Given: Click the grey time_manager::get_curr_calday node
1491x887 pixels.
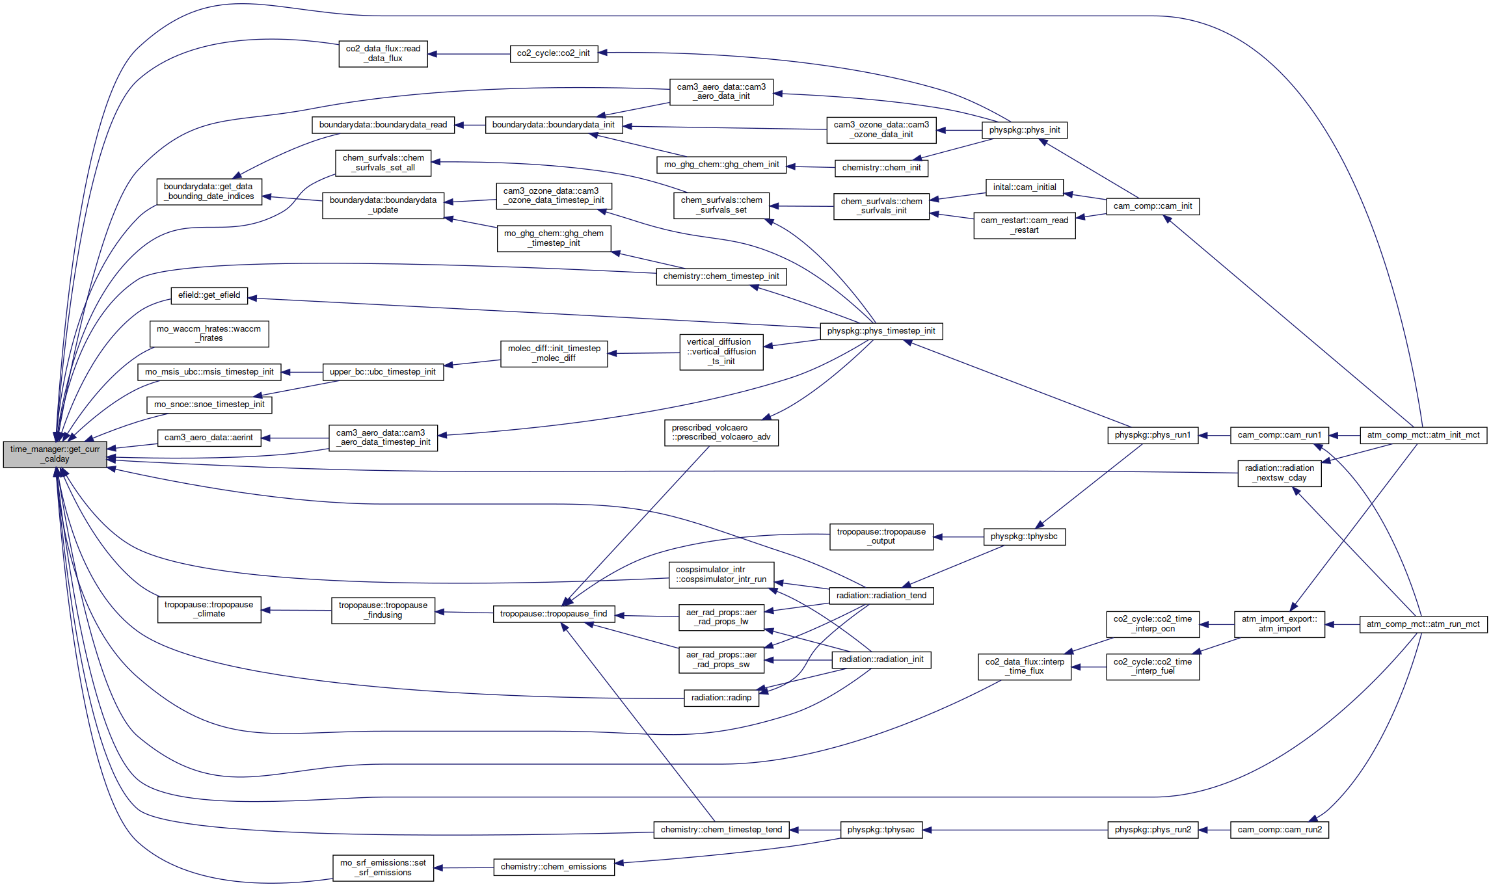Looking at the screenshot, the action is click(x=55, y=454).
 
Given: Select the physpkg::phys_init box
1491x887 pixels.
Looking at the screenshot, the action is click(x=1025, y=130).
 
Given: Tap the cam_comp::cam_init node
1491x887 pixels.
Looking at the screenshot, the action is click(x=1153, y=206).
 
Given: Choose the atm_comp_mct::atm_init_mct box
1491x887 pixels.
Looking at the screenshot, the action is click(x=1423, y=435).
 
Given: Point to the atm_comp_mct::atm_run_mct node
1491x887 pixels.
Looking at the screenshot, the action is click(x=1423, y=624).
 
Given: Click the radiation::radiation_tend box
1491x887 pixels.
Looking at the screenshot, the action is click(x=881, y=596).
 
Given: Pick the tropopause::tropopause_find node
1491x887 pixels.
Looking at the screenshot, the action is click(x=554, y=614).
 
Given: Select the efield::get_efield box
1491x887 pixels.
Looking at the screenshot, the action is click(x=209, y=295).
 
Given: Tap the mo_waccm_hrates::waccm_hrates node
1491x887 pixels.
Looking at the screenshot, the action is click(x=209, y=334).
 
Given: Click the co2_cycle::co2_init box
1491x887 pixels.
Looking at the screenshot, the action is click(x=554, y=53).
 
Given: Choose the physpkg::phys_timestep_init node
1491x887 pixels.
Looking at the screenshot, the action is click(x=881, y=331).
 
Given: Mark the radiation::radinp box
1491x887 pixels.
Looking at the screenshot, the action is click(x=721, y=698).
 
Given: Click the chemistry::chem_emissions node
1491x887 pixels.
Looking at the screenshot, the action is click(x=554, y=867).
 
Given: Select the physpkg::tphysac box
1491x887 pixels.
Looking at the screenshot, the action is click(x=881, y=830).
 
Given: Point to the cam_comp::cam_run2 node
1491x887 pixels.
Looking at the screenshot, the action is click(x=1280, y=830).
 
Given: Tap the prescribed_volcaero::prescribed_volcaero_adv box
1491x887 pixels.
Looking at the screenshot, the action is click(x=721, y=432).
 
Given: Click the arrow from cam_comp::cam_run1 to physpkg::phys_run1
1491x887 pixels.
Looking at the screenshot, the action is click(x=1214, y=435).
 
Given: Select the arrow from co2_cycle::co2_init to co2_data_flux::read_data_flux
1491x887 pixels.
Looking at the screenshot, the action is click(x=468, y=54).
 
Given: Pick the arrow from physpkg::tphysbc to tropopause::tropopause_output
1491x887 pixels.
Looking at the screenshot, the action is click(x=958, y=537).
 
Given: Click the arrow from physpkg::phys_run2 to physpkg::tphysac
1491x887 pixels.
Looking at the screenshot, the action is click(x=1015, y=830).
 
